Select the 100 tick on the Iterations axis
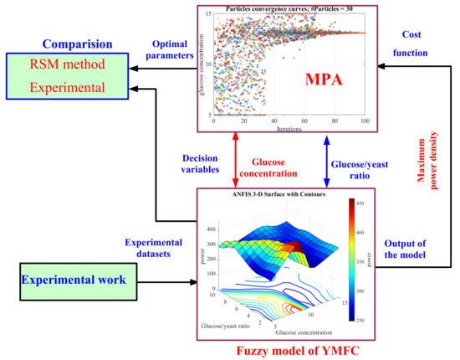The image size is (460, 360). (365, 123)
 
